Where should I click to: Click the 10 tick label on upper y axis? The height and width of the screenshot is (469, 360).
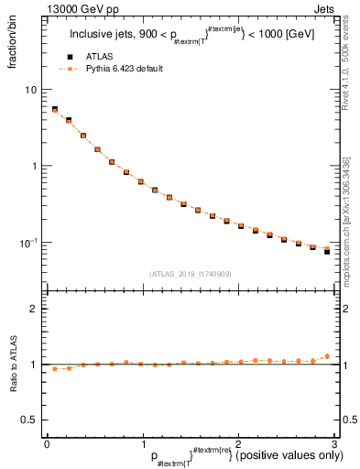click(31, 90)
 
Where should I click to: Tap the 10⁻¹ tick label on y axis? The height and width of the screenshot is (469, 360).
click(29, 242)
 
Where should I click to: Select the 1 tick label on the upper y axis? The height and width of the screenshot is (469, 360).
click(35, 166)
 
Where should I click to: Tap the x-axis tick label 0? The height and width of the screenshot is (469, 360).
click(47, 443)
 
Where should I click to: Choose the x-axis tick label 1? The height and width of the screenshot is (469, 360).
click(142, 443)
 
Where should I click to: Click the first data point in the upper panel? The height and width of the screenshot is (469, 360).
click(54, 109)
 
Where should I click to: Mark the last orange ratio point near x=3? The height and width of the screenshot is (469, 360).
click(326, 355)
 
